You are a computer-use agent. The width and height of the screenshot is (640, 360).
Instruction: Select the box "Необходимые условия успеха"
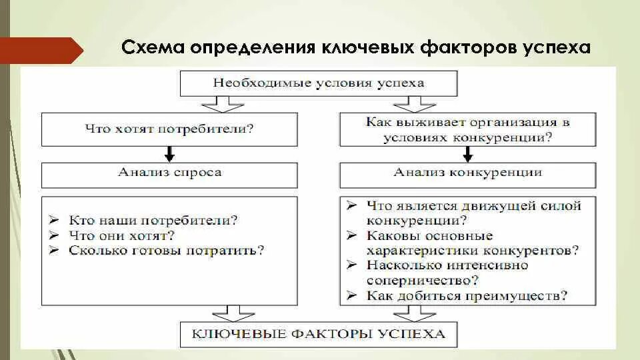(x=318, y=83)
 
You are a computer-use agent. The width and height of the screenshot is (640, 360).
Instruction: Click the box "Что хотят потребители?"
(x=169, y=129)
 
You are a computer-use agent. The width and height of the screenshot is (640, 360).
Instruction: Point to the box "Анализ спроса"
(x=169, y=173)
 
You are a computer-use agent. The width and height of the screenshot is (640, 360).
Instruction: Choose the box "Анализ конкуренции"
(x=467, y=173)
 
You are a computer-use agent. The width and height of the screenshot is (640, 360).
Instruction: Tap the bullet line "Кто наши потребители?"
(x=153, y=219)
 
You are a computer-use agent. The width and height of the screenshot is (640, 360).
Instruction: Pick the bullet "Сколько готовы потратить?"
(x=166, y=251)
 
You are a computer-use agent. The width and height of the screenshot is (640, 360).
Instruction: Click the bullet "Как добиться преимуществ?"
(x=466, y=295)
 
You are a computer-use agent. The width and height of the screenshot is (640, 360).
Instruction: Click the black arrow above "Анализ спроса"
(x=169, y=154)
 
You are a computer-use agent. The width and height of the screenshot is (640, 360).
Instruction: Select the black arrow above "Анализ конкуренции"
(x=467, y=154)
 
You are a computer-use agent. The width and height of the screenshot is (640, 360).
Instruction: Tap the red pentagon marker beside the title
(x=40, y=50)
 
